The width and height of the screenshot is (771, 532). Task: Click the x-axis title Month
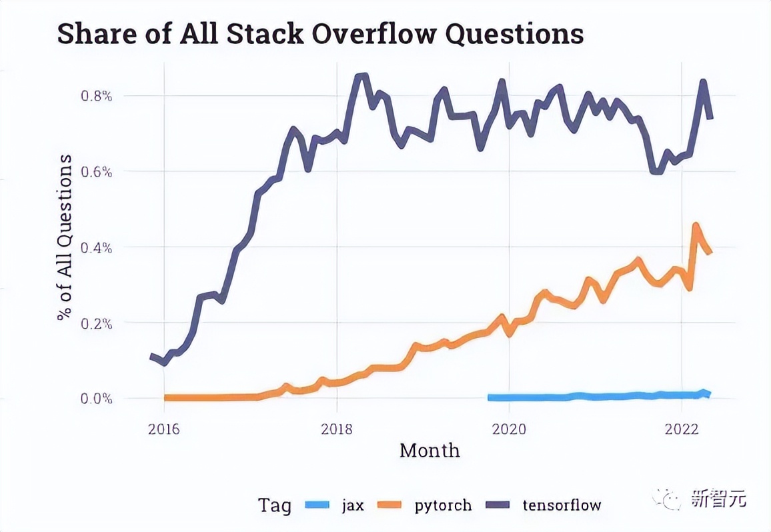430,451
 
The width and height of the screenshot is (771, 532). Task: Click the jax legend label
353,505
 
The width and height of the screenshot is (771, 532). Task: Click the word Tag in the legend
275,505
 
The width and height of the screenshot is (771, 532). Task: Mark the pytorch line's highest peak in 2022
696,226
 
